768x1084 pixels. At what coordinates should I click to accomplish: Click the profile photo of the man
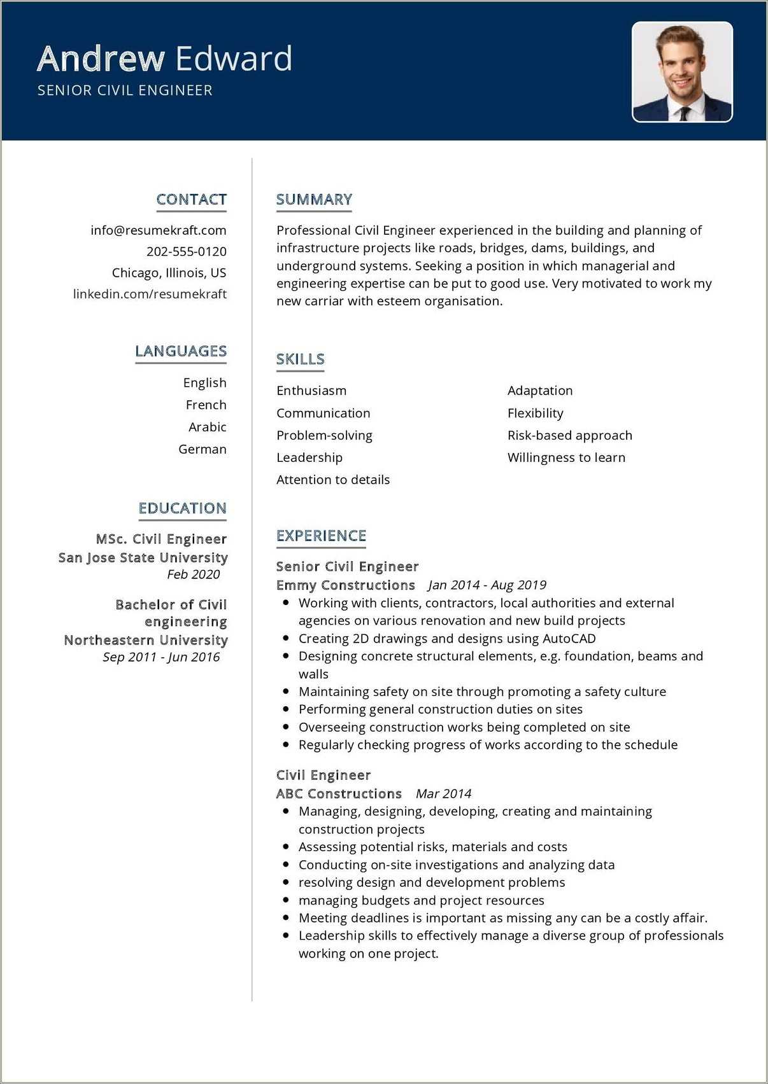[682, 72]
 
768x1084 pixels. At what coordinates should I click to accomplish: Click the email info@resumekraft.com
[158, 230]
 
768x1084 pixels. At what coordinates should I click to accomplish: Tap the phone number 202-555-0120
[186, 251]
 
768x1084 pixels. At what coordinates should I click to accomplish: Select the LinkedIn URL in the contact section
[150, 294]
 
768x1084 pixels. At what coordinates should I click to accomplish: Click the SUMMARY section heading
[314, 199]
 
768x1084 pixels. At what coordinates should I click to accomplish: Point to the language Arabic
[207, 427]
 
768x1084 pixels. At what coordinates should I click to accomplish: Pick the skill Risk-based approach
[569, 435]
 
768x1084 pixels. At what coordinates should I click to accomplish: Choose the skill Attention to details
[332, 480]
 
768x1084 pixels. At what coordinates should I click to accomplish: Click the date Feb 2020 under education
[193, 574]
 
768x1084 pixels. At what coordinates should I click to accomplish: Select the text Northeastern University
[145, 640]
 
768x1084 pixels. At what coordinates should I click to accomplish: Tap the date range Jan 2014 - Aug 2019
[487, 585]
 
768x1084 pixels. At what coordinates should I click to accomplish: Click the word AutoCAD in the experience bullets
[569, 638]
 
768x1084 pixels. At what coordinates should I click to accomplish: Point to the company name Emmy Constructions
[345, 585]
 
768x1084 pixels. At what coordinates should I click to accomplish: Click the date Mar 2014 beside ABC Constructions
[443, 793]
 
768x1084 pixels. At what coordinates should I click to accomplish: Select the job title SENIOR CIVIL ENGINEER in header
[125, 90]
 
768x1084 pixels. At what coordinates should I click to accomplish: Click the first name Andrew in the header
[101, 59]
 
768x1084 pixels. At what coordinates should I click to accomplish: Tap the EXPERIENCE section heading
[321, 536]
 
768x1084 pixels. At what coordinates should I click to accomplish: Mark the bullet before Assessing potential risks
[286, 847]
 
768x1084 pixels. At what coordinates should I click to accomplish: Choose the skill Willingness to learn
[566, 457]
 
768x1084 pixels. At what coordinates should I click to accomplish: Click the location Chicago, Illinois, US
[169, 273]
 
